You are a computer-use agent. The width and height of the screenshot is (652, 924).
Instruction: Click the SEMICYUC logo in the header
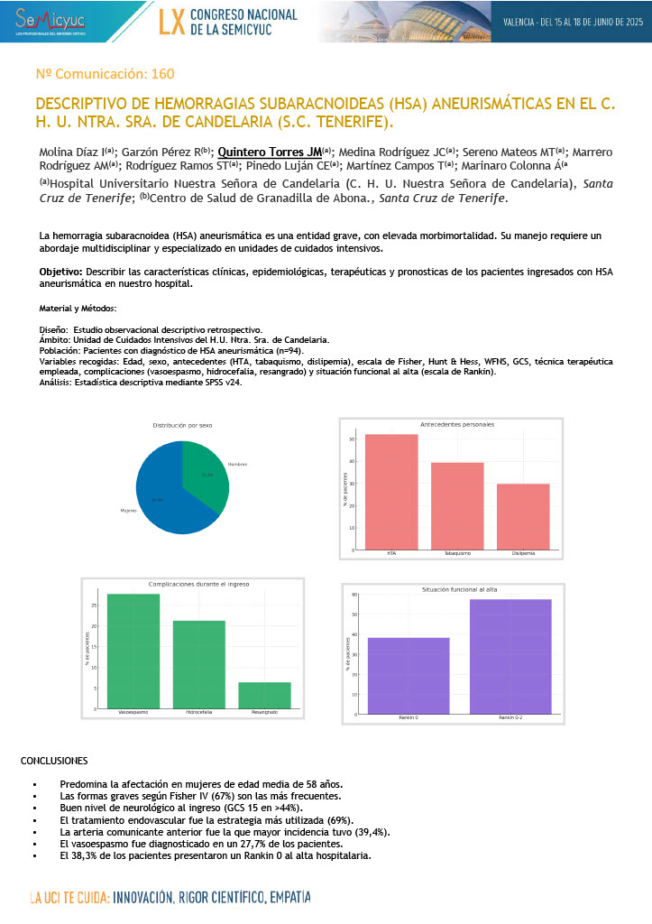tap(44, 20)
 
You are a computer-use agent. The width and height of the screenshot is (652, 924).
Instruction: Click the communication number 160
tap(105, 74)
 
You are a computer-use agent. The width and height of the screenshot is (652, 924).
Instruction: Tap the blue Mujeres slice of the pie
tap(167, 496)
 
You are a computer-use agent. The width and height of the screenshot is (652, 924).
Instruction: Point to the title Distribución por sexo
tap(182, 425)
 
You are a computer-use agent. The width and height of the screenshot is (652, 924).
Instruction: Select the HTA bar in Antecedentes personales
tap(391, 492)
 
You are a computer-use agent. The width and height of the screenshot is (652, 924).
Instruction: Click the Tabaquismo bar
tap(457, 505)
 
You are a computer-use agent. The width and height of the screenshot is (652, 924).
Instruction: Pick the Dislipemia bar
tap(523, 516)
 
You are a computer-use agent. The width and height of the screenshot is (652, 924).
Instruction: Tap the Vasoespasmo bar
tap(133, 651)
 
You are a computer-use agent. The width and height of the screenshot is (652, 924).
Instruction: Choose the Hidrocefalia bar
tap(199, 664)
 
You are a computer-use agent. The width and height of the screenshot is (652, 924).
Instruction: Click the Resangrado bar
tap(265, 695)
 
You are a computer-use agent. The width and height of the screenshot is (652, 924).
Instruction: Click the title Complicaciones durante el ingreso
tap(199, 585)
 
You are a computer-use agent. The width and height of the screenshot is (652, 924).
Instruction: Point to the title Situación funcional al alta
tap(460, 588)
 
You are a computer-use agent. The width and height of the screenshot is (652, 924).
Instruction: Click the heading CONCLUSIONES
tap(54, 762)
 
